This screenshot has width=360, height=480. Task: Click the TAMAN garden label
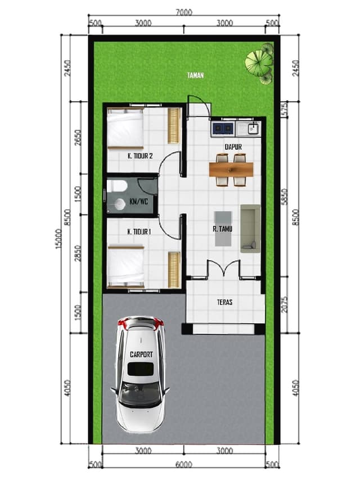click(x=195, y=75)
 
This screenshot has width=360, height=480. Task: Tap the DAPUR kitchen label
click(x=233, y=147)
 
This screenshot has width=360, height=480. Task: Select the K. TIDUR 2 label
click(x=140, y=156)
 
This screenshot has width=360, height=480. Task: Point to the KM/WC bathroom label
click(x=139, y=201)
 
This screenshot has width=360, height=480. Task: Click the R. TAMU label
click(x=223, y=228)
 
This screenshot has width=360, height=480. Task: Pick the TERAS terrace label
click(x=224, y=302)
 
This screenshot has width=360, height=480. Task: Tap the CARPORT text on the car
click(x=141, y=355)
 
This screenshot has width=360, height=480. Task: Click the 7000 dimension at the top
click(x=184, y=12)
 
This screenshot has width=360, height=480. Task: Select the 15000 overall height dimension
click(x=58, y=239)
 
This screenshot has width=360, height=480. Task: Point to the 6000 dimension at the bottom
click(x=184, y=464)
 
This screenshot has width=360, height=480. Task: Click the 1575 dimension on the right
click(x=285, y=109)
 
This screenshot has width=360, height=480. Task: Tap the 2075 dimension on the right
click(x=285, y=304)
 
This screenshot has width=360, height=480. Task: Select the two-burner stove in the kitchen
click(x=223, y=128)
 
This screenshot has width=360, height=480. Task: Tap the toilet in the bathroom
click(x=116, y=186)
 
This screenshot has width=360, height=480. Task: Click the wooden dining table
click(x=231, y=169)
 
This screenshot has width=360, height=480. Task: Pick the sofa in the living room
click(x=250, y=228)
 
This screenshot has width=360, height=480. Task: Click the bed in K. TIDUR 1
click(x=126, y=266)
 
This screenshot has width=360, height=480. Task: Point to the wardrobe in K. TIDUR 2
click(x=174, y=126)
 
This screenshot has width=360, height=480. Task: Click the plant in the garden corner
click(x=259, y=63)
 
